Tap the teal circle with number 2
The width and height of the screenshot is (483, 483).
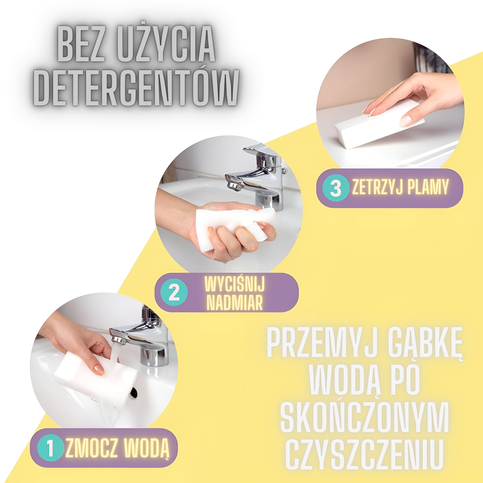pyautogui.click(x=174, y=292)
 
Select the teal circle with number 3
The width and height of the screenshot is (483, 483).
pyautogui.click(x=335, y=188)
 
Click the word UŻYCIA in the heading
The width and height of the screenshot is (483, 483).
pyautogui.click(x=168, y=43)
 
